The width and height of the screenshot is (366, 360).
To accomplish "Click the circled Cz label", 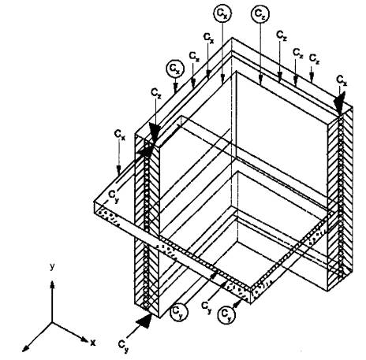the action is [260, 14].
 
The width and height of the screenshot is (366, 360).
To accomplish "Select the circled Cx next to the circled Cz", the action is [222, 14].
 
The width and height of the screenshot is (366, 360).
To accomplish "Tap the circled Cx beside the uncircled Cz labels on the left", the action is [175, 69].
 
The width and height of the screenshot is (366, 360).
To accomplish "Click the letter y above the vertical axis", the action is [52, 267].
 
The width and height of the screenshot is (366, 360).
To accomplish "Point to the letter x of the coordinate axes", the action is [92, 343].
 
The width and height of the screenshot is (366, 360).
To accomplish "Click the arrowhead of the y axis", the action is [52, 285].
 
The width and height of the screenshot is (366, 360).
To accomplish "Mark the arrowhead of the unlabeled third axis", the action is [24, 347].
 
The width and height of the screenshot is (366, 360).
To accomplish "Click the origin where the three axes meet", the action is [52, 322].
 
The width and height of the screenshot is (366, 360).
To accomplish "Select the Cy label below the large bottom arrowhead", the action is [123, 346].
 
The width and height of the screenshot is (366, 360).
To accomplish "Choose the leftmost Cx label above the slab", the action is [119, 135].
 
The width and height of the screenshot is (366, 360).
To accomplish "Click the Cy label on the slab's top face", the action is [114, 195].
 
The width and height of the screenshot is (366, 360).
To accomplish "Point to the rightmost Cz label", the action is [342, 80].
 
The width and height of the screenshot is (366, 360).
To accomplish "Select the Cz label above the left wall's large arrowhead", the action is [156, 93].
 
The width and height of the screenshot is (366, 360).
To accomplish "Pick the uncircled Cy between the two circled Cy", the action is [207, 307].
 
